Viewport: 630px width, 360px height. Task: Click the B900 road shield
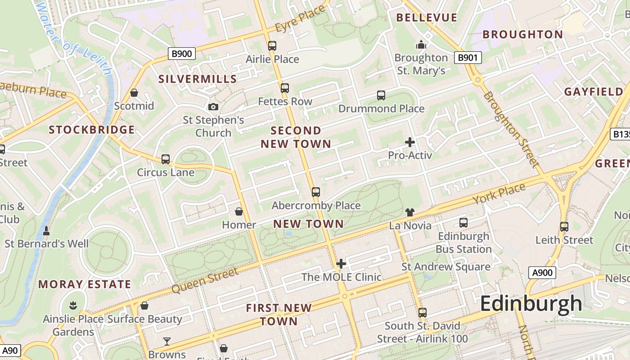[x=182, y=54]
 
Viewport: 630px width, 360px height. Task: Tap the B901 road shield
[x=468, y=58]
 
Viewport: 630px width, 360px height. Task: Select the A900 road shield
[x=542, y=272]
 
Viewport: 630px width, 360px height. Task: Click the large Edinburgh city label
[x=531, y=304]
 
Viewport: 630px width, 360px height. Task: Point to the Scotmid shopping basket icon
[x=134, y=93]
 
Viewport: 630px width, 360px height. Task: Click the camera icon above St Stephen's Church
[x=213, y=107]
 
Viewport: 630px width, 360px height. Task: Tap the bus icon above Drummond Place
[x=381, y=95]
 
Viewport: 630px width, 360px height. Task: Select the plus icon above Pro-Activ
[x=409, y=142]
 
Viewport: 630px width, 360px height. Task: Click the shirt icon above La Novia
[x=409, y=212]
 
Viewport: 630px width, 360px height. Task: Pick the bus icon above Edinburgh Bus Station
[x=463, y=222]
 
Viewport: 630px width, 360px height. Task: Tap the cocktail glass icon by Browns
[x=167, y=341]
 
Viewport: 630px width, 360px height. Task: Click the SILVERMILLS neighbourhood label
[x=198, y=79]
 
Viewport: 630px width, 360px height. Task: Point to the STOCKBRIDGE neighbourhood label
[x=92, y=130]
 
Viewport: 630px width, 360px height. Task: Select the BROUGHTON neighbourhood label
[x=522, y=35]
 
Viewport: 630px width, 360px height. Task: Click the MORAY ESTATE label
[x=85, y=284]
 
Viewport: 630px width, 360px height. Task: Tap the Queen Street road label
[x=205, y=280]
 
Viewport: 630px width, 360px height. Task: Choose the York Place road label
[x=499, y=193]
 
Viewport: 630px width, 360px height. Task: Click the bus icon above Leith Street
[x=564, y=226]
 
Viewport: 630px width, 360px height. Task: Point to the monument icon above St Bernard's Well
[x=46, y=231]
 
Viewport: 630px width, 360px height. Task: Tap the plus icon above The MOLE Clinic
[x=341, y=263]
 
